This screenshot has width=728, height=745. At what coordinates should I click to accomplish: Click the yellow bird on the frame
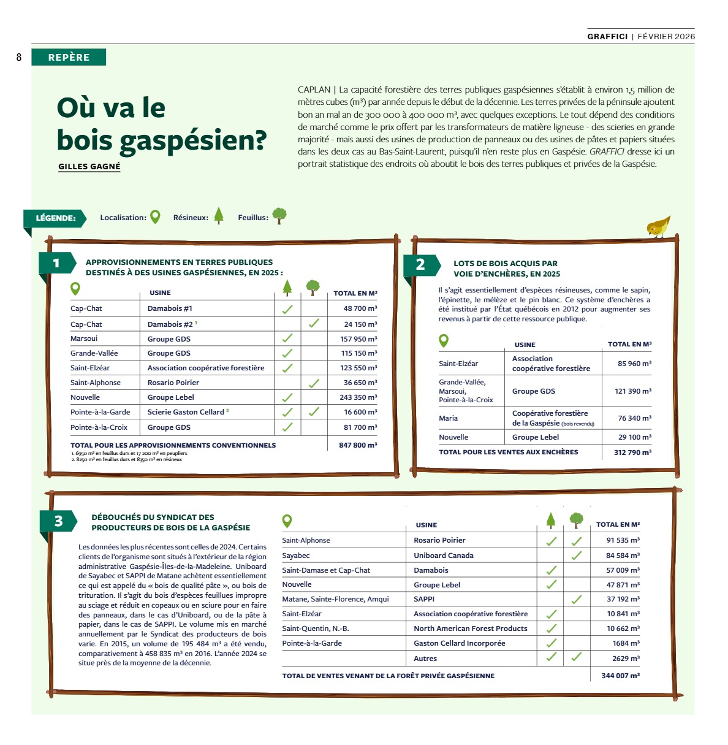click(658, 226)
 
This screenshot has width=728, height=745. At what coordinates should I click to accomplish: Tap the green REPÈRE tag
click(69, 57)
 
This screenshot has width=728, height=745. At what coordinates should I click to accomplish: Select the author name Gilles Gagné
click(89, 166)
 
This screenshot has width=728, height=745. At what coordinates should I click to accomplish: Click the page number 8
click(19, 57)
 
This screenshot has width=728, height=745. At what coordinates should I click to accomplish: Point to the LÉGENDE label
click(55, 218)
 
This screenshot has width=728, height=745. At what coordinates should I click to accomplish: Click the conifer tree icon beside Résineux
click(219, 215)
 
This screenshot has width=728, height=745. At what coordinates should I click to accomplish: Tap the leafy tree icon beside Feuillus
click(279, 215)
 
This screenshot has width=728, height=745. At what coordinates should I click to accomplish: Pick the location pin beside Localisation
click(155, 216)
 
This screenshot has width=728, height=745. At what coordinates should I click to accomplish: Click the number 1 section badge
click(56, 263)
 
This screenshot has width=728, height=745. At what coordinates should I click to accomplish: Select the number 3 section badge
click(58, 521)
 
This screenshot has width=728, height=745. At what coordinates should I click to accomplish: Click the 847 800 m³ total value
click(358, 445)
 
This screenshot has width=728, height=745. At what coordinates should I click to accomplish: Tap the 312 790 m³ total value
click(632, 453)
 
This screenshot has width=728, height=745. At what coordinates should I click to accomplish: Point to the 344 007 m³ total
click(620, 676)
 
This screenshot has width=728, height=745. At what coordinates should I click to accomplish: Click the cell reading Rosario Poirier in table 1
click(173, 383)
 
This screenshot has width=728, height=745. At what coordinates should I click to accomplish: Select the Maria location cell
click(448, 418)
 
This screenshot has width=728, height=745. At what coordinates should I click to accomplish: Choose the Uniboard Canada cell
click(444, 556)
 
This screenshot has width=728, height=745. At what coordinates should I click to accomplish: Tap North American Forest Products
click(470, 628)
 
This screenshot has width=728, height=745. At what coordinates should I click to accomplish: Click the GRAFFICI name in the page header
click(607, 37)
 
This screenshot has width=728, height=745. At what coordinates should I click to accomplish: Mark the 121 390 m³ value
click(633, 391)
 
